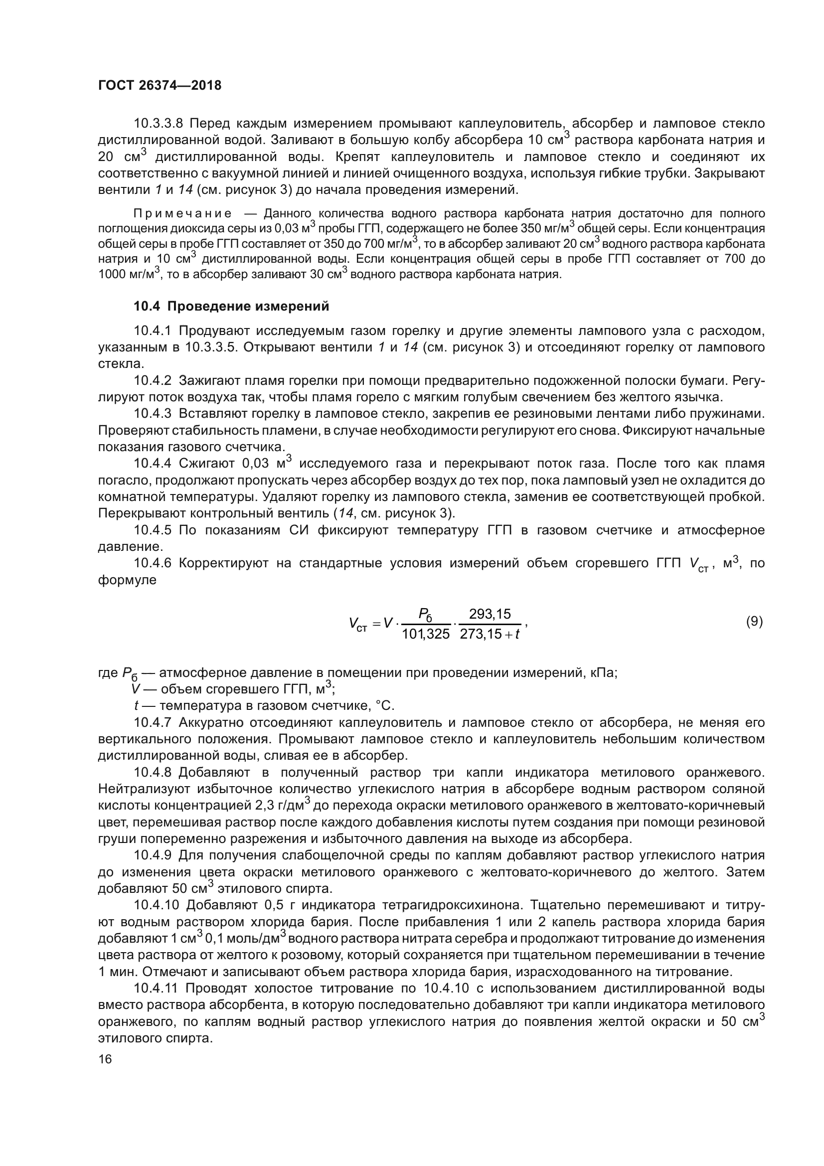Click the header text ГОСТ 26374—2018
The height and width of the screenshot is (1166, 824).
[x=160, y=85]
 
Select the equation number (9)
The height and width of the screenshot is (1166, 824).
[x=754, y=621]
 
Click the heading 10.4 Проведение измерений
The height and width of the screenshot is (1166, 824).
[x=231, y=306]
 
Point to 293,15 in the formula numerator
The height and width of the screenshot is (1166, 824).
[x=490, y=614]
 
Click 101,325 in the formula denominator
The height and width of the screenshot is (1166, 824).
[x=425, y=634]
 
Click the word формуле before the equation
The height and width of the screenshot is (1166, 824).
[x=127, y=580]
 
